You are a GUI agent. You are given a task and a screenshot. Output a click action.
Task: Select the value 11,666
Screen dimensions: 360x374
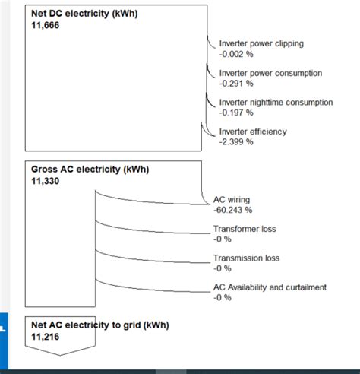click(45, 25)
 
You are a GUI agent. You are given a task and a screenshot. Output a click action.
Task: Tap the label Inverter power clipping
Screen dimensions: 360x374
click(261, 44)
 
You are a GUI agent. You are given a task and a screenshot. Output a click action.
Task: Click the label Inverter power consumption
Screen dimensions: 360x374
click(270, 73)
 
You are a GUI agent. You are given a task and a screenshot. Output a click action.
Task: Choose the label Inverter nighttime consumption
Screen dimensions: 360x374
click(276, 102)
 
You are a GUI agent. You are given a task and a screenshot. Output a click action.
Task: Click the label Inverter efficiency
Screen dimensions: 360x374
click(253, 132)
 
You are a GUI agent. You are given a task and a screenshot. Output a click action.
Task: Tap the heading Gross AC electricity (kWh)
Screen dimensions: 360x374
click(87, 170)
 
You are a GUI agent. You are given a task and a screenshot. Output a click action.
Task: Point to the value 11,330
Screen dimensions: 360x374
click(45, 181)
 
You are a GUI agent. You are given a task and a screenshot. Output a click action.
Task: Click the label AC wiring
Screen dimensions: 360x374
click(232, 200)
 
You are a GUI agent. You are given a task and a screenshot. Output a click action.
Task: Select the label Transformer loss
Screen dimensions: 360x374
click(245, 229)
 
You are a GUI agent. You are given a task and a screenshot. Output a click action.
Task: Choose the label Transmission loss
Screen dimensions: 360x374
click(246, 258)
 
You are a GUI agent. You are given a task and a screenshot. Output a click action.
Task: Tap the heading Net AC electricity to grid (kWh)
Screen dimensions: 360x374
click(99, 325)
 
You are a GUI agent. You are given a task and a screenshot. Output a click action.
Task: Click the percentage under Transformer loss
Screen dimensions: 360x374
click(222, 239)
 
